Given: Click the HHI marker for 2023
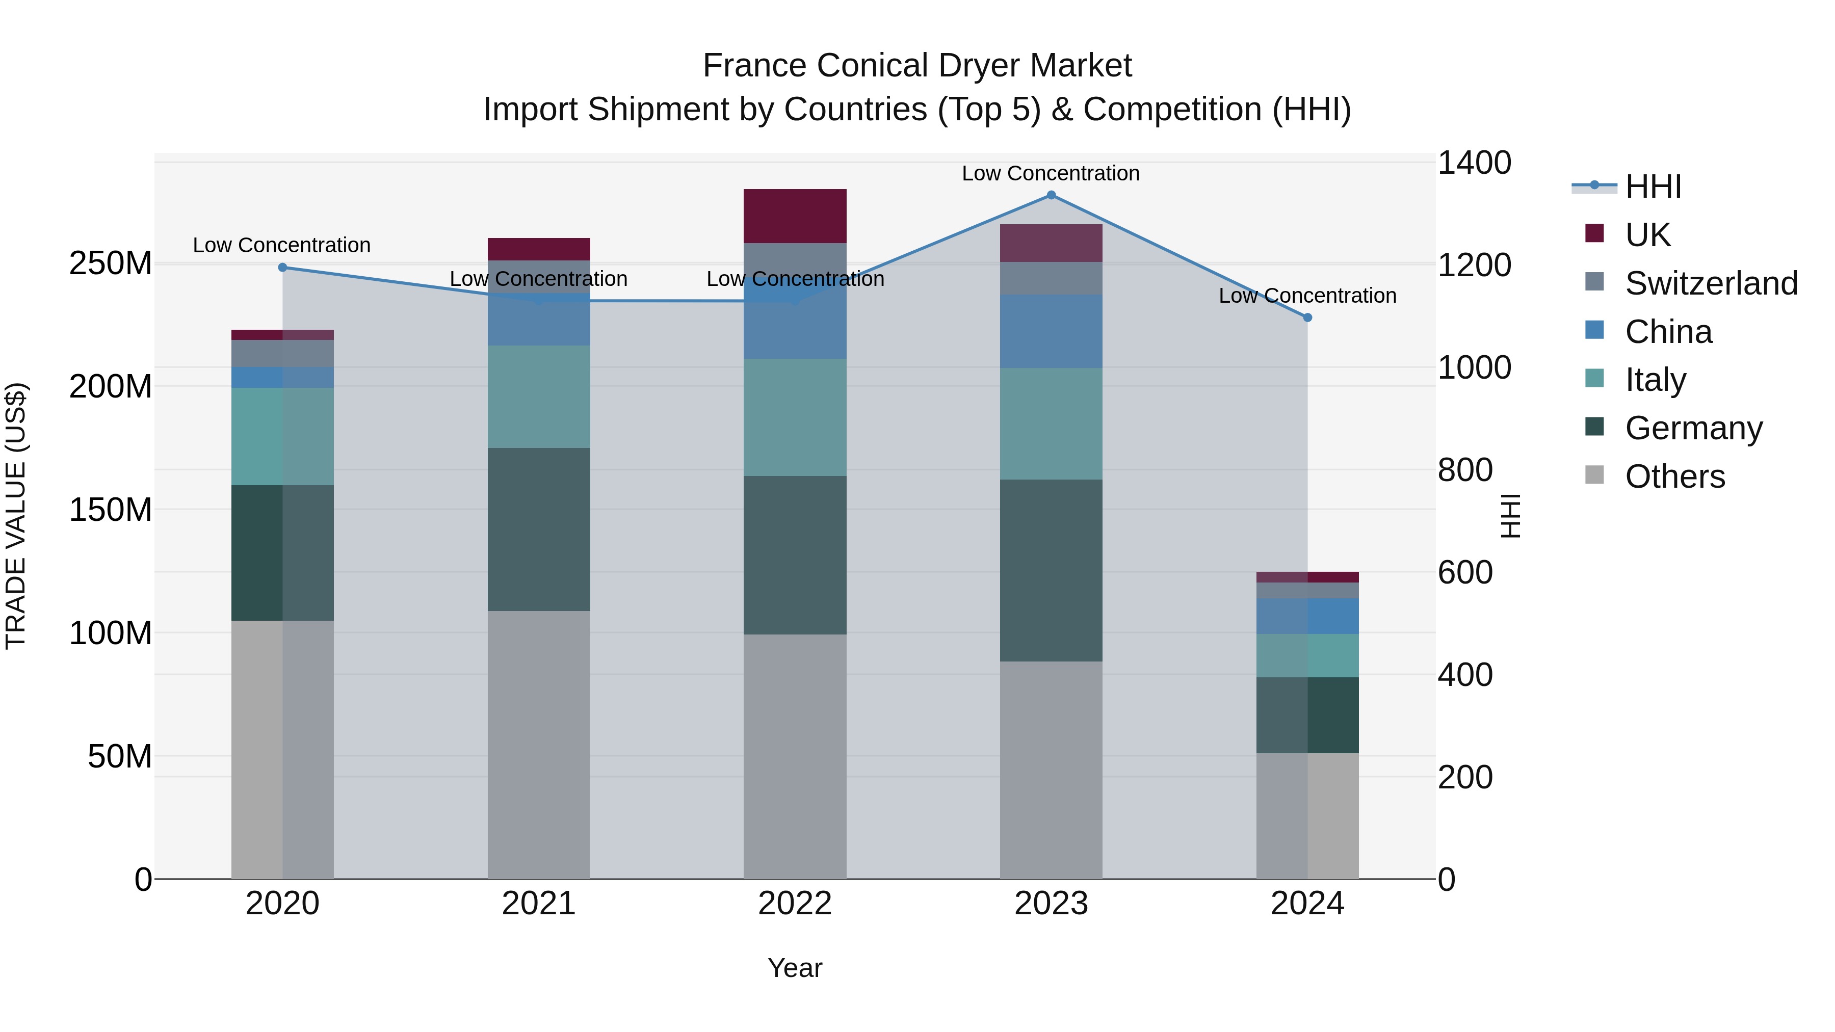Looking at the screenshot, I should [x=1051, y=195].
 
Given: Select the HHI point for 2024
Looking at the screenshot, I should [x=1307, y=317].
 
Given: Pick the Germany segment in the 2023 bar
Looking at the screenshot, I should [x=1051, y=570].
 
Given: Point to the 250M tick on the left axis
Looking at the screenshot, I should [x=111, y=263].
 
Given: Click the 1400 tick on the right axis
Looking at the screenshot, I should [x=1474, y=163].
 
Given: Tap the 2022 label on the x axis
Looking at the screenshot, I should [x=795, y=903].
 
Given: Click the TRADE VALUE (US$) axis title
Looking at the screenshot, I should [x=16, y=516].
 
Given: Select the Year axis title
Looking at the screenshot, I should [x=795, y=968].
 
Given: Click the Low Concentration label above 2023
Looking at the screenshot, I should [x=1051, y=173].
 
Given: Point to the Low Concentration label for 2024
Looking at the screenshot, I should [x=1307, y=296].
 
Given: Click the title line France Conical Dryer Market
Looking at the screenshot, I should [x=917, y=66].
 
